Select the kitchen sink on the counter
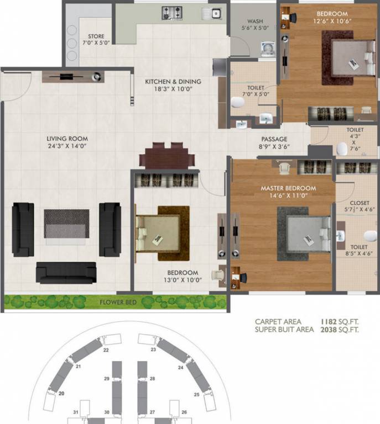pyautogui.click(x=214, y=13)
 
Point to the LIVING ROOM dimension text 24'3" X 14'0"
pyautogui.click(x=67, y=146)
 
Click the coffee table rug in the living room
pyautogui.click(x=67, y=226)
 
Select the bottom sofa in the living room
pyautogui.click(x=66, y=273)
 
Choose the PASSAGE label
pyautogui.click(x=274, y=139)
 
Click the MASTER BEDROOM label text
pyautogui.click(x=288, y=188)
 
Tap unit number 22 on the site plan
pyautogui.click(x=105, y=350)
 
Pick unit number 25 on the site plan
pyautogui.click(x=196, y=394)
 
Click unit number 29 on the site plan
pyautogui.click(x=106, y=378)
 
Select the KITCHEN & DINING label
pyautogui.click(x=173, y=82)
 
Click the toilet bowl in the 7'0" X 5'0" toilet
pyautogui.click(x=238, y=102)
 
